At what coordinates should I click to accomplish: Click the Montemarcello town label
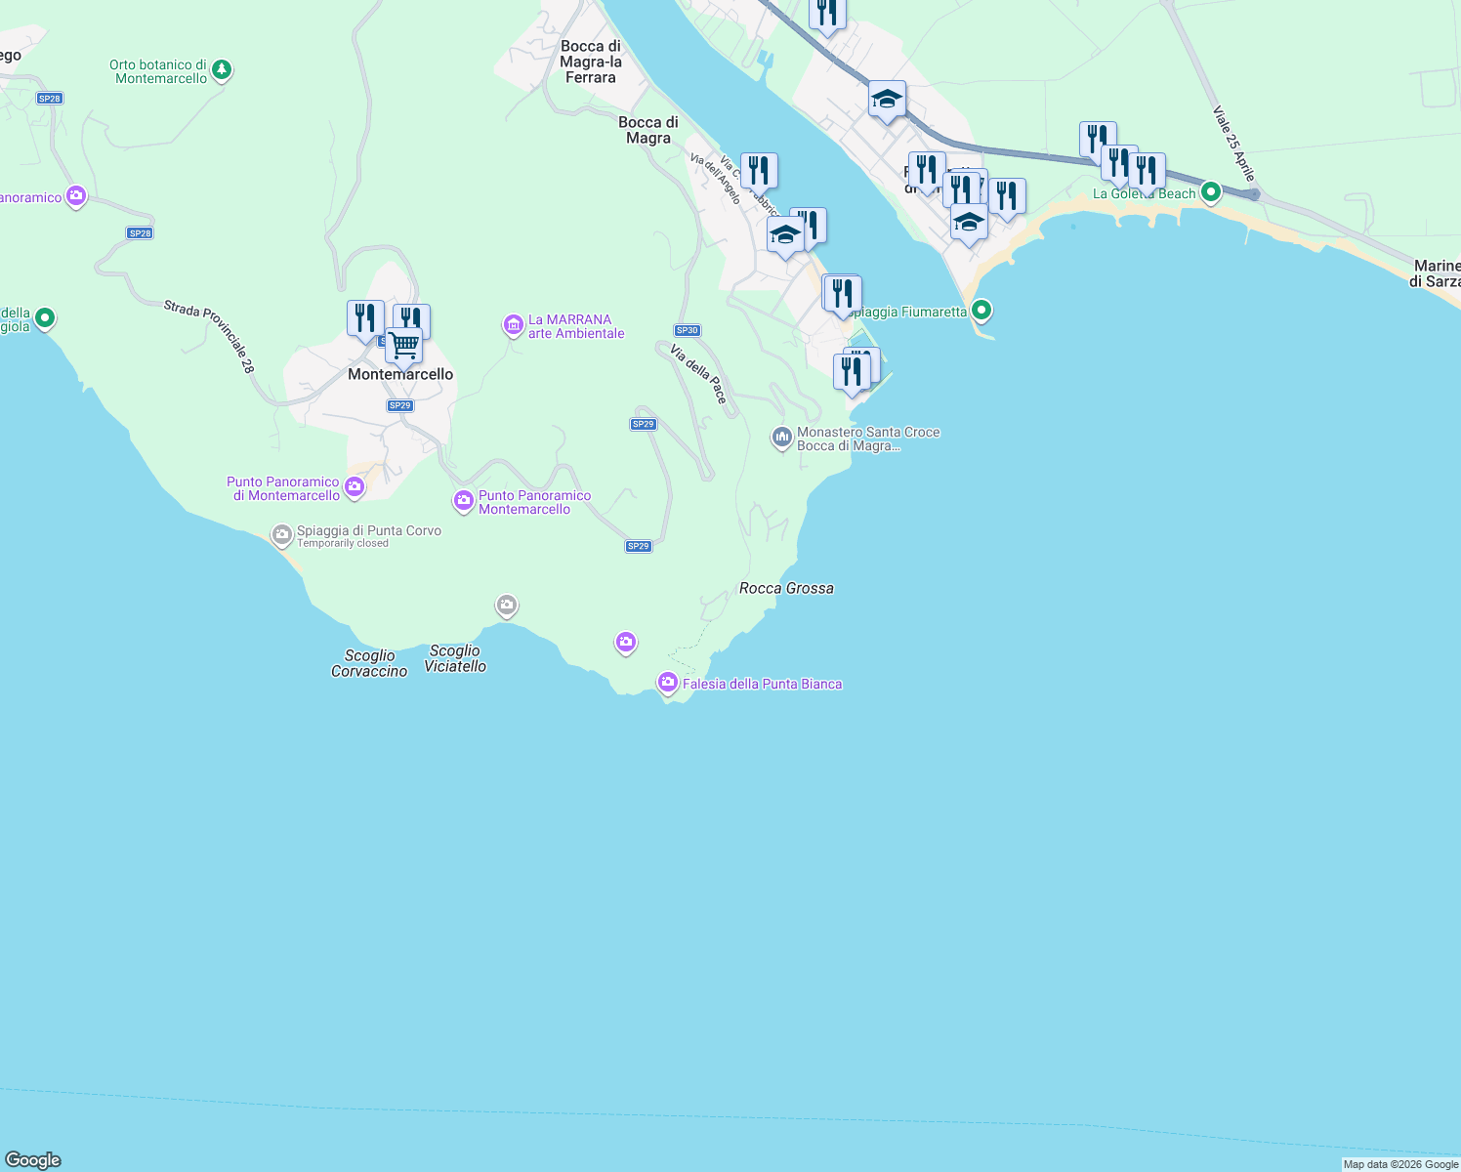[x=400, y=375]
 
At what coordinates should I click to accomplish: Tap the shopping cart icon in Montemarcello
[x=403, y=344]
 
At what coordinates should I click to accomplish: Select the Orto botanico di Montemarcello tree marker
[x=223, y=70]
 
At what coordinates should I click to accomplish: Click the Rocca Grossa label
[x=786, y=588]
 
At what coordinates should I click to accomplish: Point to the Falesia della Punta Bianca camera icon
[x=668, y=683]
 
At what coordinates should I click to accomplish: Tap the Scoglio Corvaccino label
[x=369, y=664]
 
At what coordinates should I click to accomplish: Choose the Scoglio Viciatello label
[x=455, y=659]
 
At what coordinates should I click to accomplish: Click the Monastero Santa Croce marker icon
[x=781, y=438]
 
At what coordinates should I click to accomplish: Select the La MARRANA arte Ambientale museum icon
[x=513, y=325]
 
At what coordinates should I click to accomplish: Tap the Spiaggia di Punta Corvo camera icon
[x=282, y=534]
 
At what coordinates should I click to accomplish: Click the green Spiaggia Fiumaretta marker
[x=981, y=311]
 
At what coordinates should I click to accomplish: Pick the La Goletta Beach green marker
[x=1211, y=192]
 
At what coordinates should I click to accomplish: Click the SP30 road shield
[x=688, y=330]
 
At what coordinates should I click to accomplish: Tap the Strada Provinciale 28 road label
[x=209, y=336]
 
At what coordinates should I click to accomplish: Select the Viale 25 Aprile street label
[x=1233, y=144]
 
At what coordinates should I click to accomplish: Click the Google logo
[x=33, y=1160]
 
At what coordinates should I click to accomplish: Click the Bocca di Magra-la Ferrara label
[x=591, y=62]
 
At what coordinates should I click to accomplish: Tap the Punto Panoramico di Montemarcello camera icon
[x=355, y=486]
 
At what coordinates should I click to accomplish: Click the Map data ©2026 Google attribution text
[x=1400, y=1164]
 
